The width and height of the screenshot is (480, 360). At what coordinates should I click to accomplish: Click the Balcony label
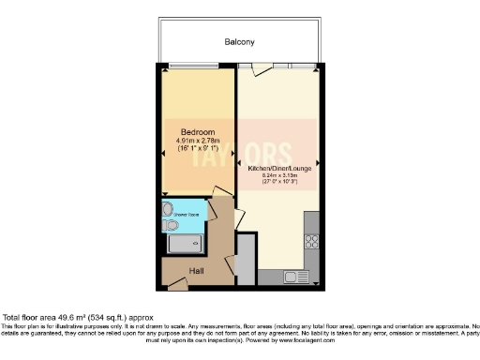pos(239,42)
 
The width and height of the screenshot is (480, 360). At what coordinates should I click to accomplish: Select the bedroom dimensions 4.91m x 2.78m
pos(198,140)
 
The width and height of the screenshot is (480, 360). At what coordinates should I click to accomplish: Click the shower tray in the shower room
pos(183,245)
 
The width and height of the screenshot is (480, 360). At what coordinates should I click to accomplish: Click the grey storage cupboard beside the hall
pos(245,260)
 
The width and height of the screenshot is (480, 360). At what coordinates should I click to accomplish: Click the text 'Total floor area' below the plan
pos(33,317)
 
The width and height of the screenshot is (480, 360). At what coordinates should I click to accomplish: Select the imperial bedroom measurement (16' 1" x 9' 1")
pos(198,148)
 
